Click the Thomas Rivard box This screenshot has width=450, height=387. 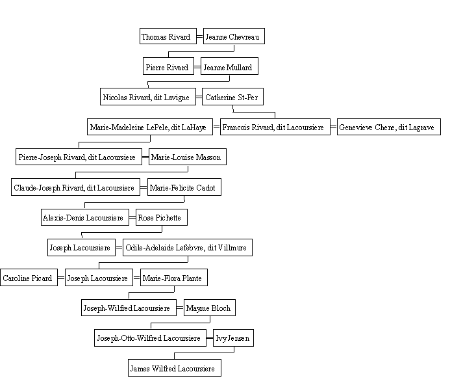point(168,36)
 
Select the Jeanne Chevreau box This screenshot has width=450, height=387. point(234,36)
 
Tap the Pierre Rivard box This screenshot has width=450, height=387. point(168,66)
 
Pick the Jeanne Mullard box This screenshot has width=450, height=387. point(229,66)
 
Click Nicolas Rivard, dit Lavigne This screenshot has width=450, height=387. point(148,97)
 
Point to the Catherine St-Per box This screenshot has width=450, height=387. point(232,97)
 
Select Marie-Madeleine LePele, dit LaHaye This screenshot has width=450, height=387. point(150,127)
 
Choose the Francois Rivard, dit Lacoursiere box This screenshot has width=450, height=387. point(275,127)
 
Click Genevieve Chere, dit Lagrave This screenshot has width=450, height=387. point(388,127)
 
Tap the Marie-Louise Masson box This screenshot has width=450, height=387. point(188,157)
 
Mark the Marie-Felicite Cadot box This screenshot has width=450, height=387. point(184,187)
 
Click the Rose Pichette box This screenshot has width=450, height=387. point(162,217)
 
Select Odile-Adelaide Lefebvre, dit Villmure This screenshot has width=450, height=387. point(188,247)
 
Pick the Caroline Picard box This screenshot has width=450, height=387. point(29,278)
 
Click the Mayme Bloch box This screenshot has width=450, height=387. point(210,308)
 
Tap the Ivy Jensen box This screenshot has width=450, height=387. point(233,338)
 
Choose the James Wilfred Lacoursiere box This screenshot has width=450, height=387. point(175,367)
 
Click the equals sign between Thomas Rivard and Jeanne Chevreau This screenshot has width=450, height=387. point(200,37)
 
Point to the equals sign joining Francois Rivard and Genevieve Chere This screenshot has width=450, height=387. point(334,127)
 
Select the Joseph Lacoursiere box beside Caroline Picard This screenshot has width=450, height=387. point(99,278)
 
